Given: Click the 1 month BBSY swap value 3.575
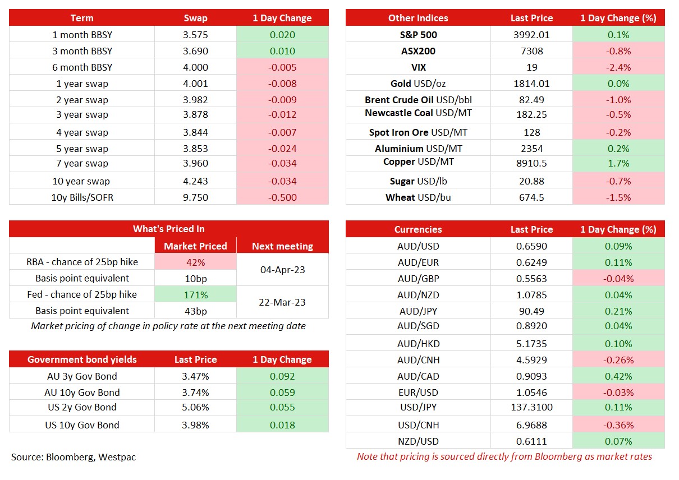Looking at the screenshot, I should click(x=195, y=35).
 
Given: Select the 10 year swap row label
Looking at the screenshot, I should click(x=82, y=181).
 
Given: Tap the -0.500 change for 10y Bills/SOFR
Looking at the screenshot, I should click(x=282, y=197).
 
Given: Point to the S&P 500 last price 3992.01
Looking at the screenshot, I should click(x=530, y=35).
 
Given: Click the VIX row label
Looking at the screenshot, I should click(x=418, y=67).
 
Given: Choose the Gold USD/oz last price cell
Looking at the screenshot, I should click(x=530, y=84).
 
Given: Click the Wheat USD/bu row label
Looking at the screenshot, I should click(x=418, y=197).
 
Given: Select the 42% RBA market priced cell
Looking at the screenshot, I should click(x=195, y=262).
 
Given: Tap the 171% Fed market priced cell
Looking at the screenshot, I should click(x=195, y=294).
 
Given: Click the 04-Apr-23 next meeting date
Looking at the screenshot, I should click(x=282, y=270).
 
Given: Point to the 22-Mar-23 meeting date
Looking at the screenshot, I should click(x=282, y=302).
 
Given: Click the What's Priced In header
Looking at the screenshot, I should click(x=168, y=229).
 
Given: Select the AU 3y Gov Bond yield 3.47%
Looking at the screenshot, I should click(x=195, y=376).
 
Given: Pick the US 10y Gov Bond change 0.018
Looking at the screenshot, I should click(x=282, y=425).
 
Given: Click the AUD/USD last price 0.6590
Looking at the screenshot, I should click(x=531, y=246).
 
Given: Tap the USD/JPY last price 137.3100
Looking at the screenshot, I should click(x=531, y=407).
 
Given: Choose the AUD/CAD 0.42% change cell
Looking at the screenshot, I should click(x=618, y=376).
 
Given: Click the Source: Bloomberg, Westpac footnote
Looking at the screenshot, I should click(x=74, y=457).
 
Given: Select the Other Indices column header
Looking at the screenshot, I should click(x=418, y=18).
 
